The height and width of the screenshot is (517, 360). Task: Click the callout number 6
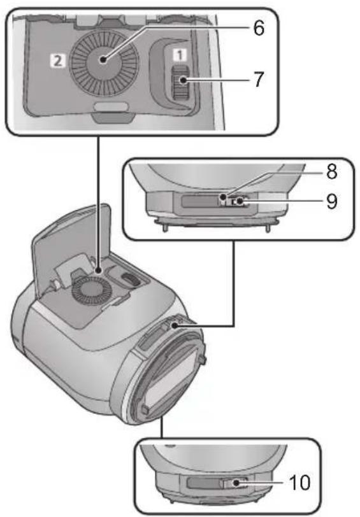click(259, 28)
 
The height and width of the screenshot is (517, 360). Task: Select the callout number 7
click(259, 80)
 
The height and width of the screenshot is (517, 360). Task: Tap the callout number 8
click(331, 171)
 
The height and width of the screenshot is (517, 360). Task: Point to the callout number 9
click(331, 201)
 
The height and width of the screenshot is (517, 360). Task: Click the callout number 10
click(299, 483)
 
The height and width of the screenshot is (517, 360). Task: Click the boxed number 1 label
click(180, 55)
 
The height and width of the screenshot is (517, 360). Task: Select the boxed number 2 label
click(58, 60)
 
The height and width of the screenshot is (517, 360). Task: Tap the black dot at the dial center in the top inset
click(104, 60)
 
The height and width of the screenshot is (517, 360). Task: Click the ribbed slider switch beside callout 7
click(180, 82)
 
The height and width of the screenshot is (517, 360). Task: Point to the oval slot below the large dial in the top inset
click(110, 107)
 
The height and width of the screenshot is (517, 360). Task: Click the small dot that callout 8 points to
click(224, 197)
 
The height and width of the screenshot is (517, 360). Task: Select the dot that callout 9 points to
click(240, 201)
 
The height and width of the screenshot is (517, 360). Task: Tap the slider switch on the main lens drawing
click(129, 278)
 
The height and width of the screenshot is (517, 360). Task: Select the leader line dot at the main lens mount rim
click(173, 325)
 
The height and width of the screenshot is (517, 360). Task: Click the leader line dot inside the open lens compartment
click(99, 271)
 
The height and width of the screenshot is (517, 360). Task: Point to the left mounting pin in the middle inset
click(164, 227)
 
